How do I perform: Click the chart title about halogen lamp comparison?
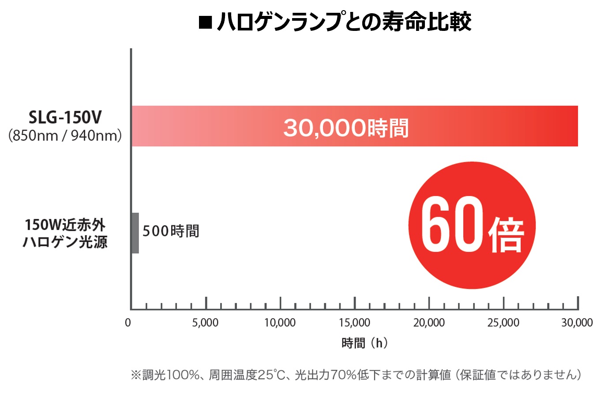[x=344, y=22]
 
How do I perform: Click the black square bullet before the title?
[x=205, y=22]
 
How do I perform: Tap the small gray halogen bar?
[x=135, y=233]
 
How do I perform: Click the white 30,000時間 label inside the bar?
[x=346, y=128]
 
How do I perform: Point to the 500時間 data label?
[x=171, y=231]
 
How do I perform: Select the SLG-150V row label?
[x=65, y=117]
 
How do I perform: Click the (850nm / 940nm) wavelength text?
[x=65, y=135]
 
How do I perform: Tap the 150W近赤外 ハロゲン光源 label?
[x=65, y=233]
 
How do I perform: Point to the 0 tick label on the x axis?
[x=128, y=323]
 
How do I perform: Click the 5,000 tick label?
[x=205, y=323]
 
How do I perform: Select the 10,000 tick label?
[x=280, y=323]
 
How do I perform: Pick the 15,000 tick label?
[x=354, y=323]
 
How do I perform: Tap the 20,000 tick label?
[x=429, y=323]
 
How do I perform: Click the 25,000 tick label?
[x=503, y=323]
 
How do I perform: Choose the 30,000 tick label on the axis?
[x=577, y=323]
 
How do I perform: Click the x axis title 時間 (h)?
[x=364, y=343]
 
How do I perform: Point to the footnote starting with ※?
[x=356, y=375]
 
